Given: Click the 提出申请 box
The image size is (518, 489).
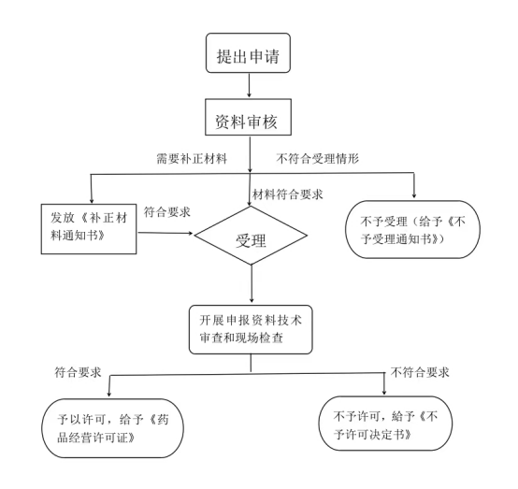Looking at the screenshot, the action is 248,53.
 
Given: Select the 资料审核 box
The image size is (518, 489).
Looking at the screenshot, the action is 248,117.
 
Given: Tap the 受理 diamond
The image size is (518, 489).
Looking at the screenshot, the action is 251,236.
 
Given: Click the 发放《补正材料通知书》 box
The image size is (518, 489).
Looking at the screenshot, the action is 89,229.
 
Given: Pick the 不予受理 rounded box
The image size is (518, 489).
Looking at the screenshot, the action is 412,229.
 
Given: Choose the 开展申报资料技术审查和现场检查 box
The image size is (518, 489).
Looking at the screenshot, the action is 251,329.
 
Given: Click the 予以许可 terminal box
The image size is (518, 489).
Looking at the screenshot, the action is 112,428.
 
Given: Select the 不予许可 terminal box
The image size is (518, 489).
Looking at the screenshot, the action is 385,424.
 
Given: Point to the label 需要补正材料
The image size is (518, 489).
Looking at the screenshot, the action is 192,159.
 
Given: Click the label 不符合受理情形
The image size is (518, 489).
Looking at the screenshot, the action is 318,159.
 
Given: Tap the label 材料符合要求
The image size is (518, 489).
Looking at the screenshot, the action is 288,194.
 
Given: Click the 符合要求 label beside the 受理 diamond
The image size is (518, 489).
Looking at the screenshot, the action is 167,212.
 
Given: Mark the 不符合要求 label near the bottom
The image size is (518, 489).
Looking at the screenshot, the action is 420,372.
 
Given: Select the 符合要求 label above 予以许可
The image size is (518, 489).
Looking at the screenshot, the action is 78,372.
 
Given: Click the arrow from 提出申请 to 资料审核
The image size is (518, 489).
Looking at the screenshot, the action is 249,85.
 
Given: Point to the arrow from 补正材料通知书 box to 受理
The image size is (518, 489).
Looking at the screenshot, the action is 165,233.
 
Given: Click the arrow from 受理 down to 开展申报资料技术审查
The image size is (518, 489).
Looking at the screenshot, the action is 252,283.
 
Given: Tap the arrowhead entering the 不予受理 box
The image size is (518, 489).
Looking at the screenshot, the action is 414,196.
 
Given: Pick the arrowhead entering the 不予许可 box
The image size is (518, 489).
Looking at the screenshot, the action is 384,392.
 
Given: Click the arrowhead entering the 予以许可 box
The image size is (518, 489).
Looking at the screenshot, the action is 109,394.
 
